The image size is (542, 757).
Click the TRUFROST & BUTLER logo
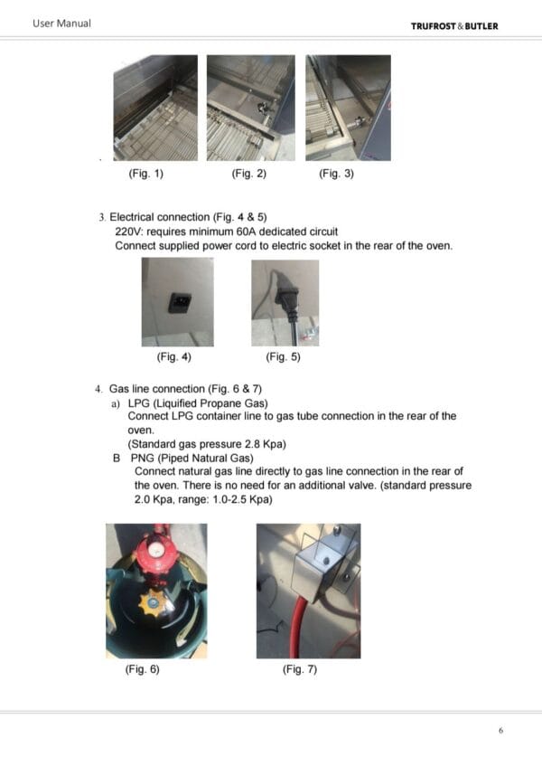coord(454,26)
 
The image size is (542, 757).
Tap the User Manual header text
coord(61,24)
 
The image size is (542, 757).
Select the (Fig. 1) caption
coord(146,174)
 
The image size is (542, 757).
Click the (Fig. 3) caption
coord(336,174)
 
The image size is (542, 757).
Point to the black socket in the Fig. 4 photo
coord(180,303)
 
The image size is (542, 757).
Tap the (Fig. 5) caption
coord(283,356)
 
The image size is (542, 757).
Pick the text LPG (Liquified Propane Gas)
coord(198,403)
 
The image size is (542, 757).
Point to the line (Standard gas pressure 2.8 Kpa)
coord(207,444)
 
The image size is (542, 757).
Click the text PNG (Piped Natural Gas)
coord(192,459)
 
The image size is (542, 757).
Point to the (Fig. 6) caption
coord(142,669)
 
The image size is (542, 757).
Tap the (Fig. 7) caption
coord(300,669)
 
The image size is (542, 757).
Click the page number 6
coord(501,731)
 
